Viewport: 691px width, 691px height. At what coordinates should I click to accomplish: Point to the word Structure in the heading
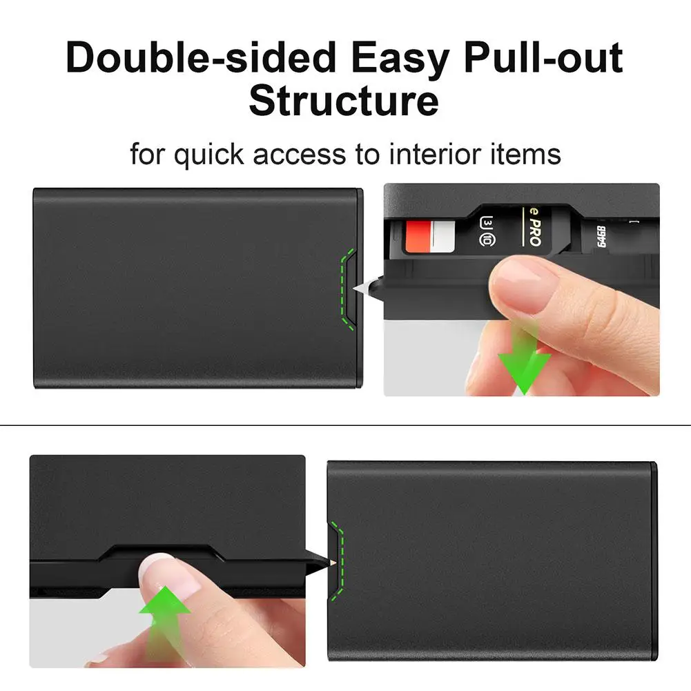pyautogui.click(x=344, y=100)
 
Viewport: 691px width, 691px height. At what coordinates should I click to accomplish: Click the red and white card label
pyautogui.click(x=431, y=236)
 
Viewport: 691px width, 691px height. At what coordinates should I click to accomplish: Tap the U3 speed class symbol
pyautogui.click(x=485, y=222)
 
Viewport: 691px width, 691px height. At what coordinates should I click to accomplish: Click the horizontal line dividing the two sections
pyautogui.click(x=345, y=425)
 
